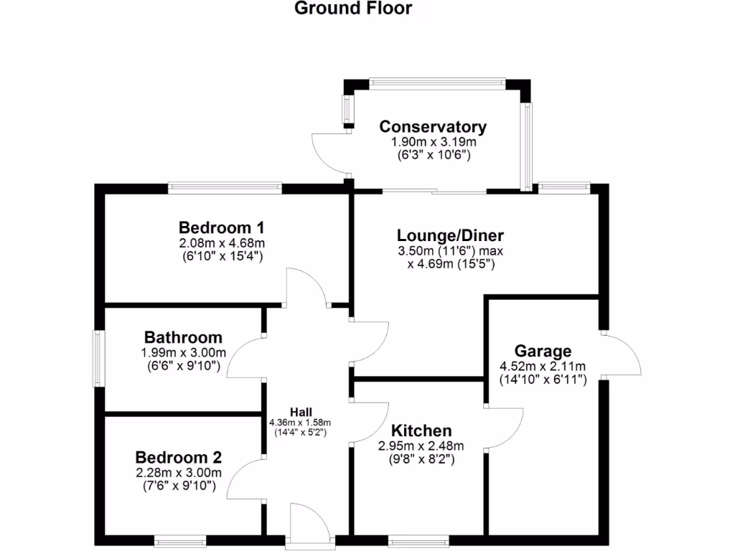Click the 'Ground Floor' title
tap(353, 9)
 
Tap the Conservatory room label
tap(433, 127)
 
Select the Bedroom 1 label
tap(222, 228)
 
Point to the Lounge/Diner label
tap(451, 235)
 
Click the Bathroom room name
tap(183, 337)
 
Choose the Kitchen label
tap(421, 430)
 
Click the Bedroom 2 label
tap(179, 458)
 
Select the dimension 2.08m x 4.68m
tap(222, 243)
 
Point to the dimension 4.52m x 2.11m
tap(543, 367)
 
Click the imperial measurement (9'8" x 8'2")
tap(421, 461)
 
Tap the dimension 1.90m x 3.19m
tap(433, 142)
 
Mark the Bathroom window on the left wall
tap(100, 358)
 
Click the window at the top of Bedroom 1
tap(225, 188)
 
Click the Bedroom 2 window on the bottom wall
tap(177, 540)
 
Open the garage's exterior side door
tap(622, 354)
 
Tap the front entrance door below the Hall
tap(309, 524)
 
